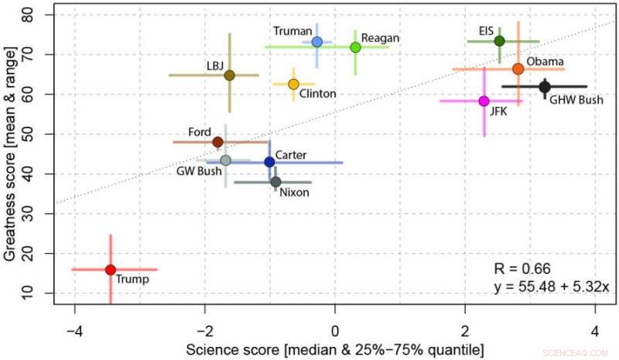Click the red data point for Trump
[x=111, y=269]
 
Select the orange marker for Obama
[x=518, y=69]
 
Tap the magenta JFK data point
[x=484, y=101]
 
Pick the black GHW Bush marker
[x=545, y=87]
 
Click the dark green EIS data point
[x=499, y=41]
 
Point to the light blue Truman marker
[x=316, y=42]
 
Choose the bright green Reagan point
[x=355, y=47]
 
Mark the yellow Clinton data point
[x=293, y=84]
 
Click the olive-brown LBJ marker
[x=229, y=75]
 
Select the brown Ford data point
[x=218, y=142]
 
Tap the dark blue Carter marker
[x=269, y=162]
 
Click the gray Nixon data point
[x=275, y=182]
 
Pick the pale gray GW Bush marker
[x=225, y=160]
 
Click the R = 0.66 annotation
[x=522, y=269]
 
